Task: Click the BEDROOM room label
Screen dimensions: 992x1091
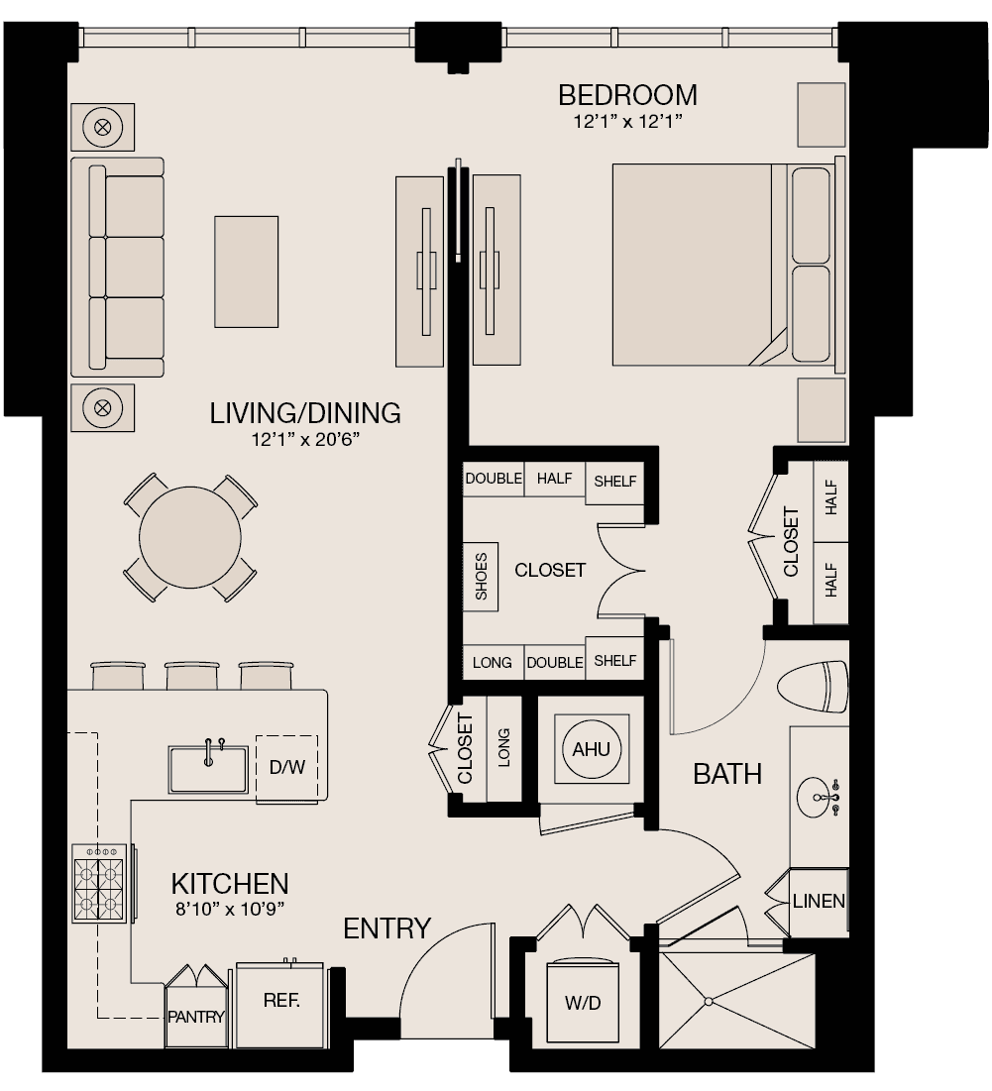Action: point(627,95)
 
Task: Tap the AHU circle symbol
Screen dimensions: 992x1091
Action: point(592,749)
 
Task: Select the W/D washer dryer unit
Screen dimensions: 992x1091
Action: point(583,1002)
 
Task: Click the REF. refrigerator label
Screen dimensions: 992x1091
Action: point(281,1001)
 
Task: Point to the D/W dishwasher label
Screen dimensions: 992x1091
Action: point(287,767)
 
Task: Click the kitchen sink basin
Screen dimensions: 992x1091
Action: point(208,770)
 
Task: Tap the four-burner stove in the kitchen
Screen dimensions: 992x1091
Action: point(99,884)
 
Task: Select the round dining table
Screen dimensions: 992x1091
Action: point(190,537)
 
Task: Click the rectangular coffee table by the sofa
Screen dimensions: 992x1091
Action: point(246,272)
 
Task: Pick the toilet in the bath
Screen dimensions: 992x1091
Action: point(814,687)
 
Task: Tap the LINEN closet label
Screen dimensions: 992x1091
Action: point(819,901)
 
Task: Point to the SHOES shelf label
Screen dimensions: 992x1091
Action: point(481,577)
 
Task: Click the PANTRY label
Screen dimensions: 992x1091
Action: point(196,1017)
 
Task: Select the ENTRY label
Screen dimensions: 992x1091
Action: point(386,928)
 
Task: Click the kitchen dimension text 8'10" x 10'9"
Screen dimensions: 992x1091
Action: point(230,909)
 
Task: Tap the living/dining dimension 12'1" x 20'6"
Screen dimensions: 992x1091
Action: point(305,439)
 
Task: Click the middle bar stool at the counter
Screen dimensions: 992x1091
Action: point(192,675)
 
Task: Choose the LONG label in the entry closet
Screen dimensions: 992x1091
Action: point(503,748)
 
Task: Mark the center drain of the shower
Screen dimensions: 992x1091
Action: point(709,1002)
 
